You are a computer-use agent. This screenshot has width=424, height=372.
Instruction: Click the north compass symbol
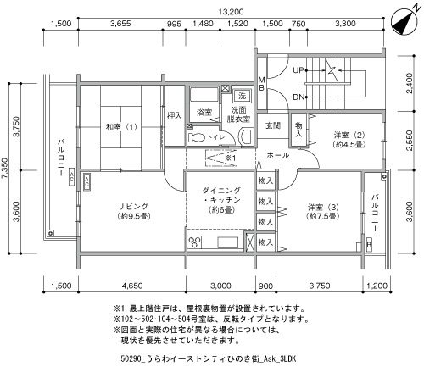(404, 21)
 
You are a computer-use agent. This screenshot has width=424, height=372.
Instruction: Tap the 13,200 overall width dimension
(231, 12)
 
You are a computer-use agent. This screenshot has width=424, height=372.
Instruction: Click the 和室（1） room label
(121, 127)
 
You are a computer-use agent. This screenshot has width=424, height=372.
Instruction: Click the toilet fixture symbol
(197, 137)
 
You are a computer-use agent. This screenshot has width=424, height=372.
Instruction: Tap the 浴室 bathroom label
(204, 113)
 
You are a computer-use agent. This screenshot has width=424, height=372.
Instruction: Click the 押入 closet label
(174, 115)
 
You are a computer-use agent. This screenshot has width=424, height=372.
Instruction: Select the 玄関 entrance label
(273, 125)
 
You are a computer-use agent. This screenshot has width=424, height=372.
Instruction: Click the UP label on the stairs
(298, 70)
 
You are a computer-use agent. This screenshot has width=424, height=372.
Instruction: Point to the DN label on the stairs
(298, 97)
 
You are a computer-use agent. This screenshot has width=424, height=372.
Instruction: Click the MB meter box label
(261, 84)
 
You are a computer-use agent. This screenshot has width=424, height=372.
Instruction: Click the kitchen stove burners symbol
(194, 242)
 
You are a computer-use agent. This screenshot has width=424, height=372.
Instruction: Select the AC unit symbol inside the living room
(86, 181)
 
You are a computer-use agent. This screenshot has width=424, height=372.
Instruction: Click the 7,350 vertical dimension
(5, 168)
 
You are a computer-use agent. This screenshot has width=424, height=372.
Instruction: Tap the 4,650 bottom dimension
(132, 286)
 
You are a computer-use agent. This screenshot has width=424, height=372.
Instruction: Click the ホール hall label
(278, 155)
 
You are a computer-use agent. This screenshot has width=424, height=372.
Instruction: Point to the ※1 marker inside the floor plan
(230, 158)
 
